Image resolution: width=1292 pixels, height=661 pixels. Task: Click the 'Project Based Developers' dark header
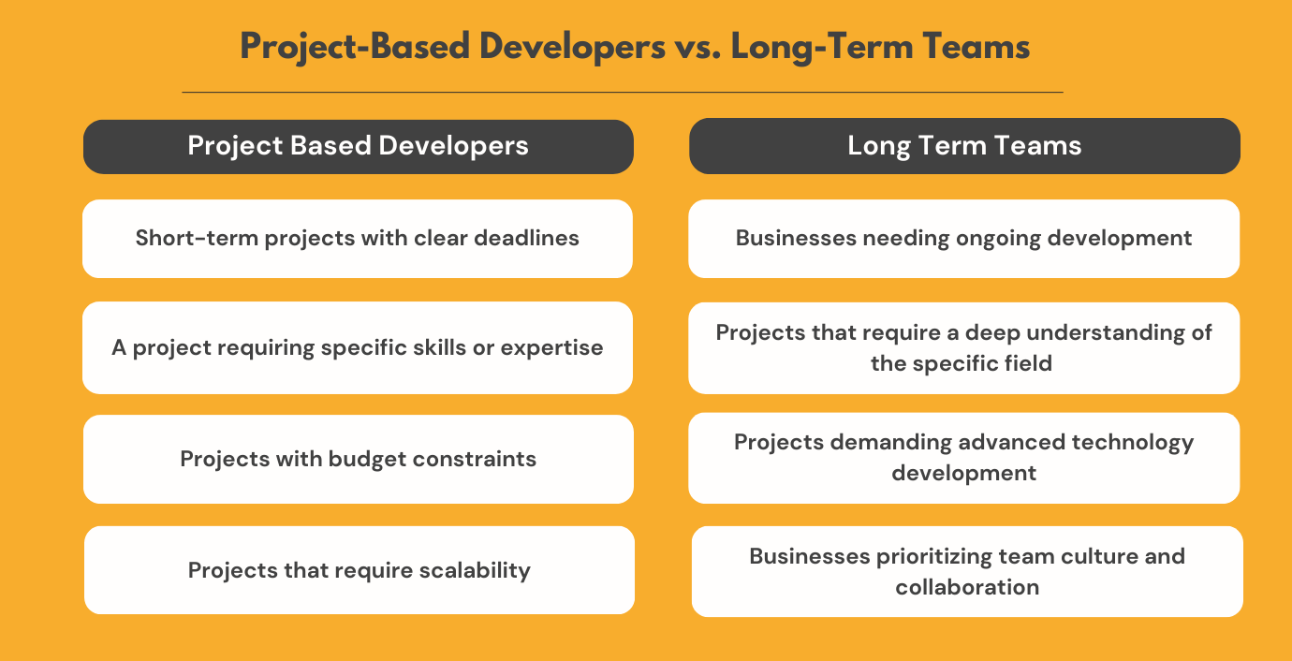[x=358, y=146]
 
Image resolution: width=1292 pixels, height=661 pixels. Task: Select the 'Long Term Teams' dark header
[x=964, y=146]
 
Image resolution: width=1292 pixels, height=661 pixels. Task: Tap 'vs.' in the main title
[x=691, y=47]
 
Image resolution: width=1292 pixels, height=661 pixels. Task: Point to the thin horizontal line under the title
[x=622, y=93]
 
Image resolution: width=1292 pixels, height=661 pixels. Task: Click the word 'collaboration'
[x=967, y=587]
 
